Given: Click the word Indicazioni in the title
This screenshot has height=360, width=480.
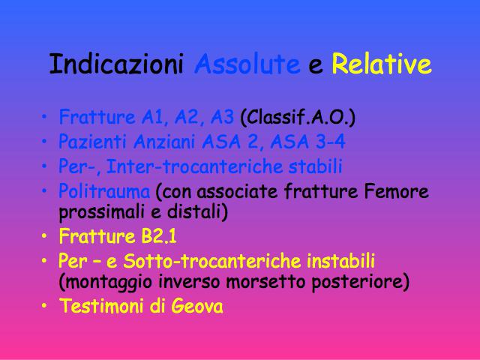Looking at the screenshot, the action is click(x=116, y=64).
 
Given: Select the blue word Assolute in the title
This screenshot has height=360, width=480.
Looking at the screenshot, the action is click(x=247, y=64).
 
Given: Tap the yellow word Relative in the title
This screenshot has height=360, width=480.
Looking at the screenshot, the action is click(x=382, y=64).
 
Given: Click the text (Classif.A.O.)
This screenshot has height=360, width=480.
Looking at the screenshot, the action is click(x=298, y=117).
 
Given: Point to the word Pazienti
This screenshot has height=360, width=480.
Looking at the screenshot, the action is click(x=92, y=142).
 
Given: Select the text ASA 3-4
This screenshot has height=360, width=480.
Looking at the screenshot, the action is click(x=308, y=142).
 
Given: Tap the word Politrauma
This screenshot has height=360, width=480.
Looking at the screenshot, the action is click(x=104, y=191).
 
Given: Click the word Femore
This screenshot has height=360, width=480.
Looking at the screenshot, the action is click(x=396, y=191).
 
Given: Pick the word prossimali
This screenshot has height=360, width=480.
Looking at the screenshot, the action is click(x=97, y=212).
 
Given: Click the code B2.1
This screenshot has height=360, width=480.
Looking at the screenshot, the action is click(x=158, y=236).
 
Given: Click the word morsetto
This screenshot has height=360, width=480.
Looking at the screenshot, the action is click(x=265, y=281).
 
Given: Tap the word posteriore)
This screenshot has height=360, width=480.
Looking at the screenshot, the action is click(x=361, y=282).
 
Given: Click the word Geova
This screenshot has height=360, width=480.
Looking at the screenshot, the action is click(x=196, y=306).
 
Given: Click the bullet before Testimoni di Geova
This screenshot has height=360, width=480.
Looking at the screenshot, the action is click(x=44, y=306).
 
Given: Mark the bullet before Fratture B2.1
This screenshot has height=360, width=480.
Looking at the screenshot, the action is click(x=44, y=236).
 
